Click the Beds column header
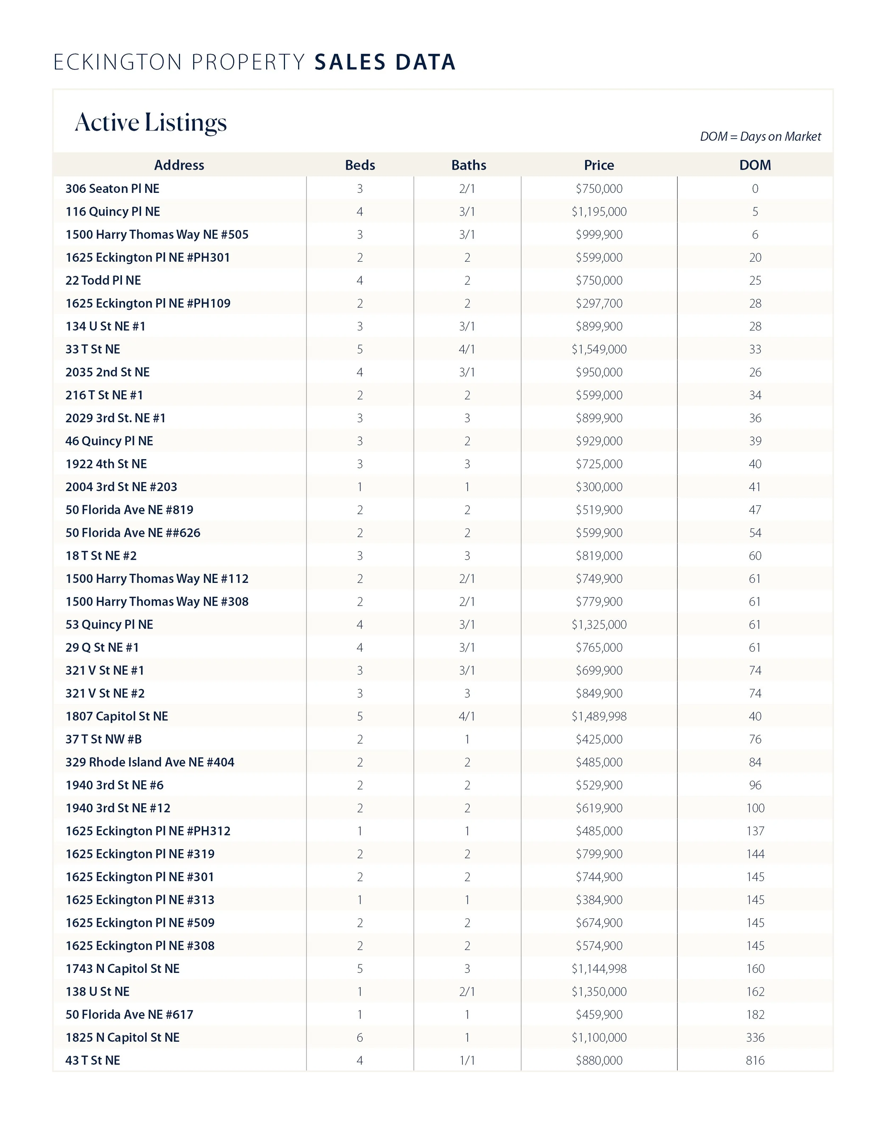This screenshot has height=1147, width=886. [x=360, y=165]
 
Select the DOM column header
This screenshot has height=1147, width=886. [x=755, y=165]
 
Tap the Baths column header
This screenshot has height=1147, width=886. [x=468, y=165]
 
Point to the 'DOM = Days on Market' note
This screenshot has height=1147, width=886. [x=760, y=137]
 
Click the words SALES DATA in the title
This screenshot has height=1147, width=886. [x=385, y=62]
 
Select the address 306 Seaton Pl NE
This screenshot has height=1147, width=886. [x=112, y=189]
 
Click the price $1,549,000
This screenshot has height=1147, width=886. [x=599, y=349]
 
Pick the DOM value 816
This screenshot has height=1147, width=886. [x=755, y=1060]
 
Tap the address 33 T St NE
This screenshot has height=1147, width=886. [x=93, y=349]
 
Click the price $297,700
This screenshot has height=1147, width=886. [x=599, y=304]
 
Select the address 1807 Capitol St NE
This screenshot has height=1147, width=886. [x=117, y=716]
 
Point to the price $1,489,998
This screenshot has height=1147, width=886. [x=599, y=716]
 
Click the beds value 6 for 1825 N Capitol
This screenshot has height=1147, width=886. [x=360, y=1037]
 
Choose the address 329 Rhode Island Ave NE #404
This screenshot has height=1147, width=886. [x=150, y=762]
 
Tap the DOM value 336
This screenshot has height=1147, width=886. [x=755, y=1037]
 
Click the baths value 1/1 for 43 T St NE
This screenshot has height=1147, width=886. [x=467, y=1060]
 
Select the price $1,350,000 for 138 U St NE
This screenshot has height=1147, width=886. [x=599, y=992]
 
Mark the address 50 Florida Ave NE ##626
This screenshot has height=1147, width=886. [x=133, y=533]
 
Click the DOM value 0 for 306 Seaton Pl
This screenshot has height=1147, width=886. [x=755, y=189]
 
